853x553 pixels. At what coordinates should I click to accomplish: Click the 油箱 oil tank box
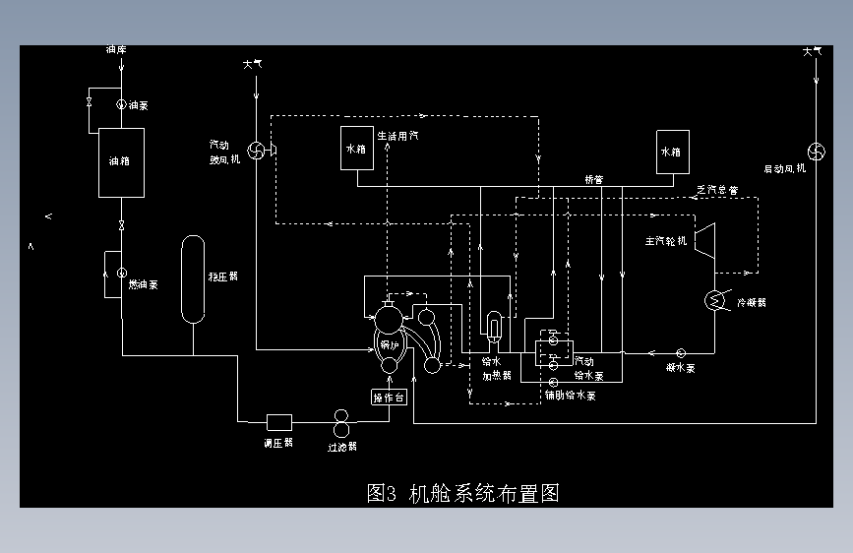(x=121, y=162)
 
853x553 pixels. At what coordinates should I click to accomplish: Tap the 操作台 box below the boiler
(x=388, y=398)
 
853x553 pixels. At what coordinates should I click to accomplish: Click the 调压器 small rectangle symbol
(x=279, y=421)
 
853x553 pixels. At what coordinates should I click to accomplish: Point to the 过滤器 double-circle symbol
(x=341, y=422)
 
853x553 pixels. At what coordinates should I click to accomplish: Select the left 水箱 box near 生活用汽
(x=355, y=149)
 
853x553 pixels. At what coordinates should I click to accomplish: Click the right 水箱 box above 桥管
(x=672, y=152)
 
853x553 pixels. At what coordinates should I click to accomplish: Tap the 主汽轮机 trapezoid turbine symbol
(x=705, y=239)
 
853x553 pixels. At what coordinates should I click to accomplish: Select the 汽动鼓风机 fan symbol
(x=256, y=150)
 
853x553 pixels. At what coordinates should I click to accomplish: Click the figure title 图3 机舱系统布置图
(x=462, y=493)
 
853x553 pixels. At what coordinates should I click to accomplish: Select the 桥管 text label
(x=593, y=180)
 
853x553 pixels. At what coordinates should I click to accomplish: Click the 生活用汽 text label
(x=397, y=136)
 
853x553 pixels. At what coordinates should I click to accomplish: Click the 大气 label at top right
(x=812, y=51)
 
